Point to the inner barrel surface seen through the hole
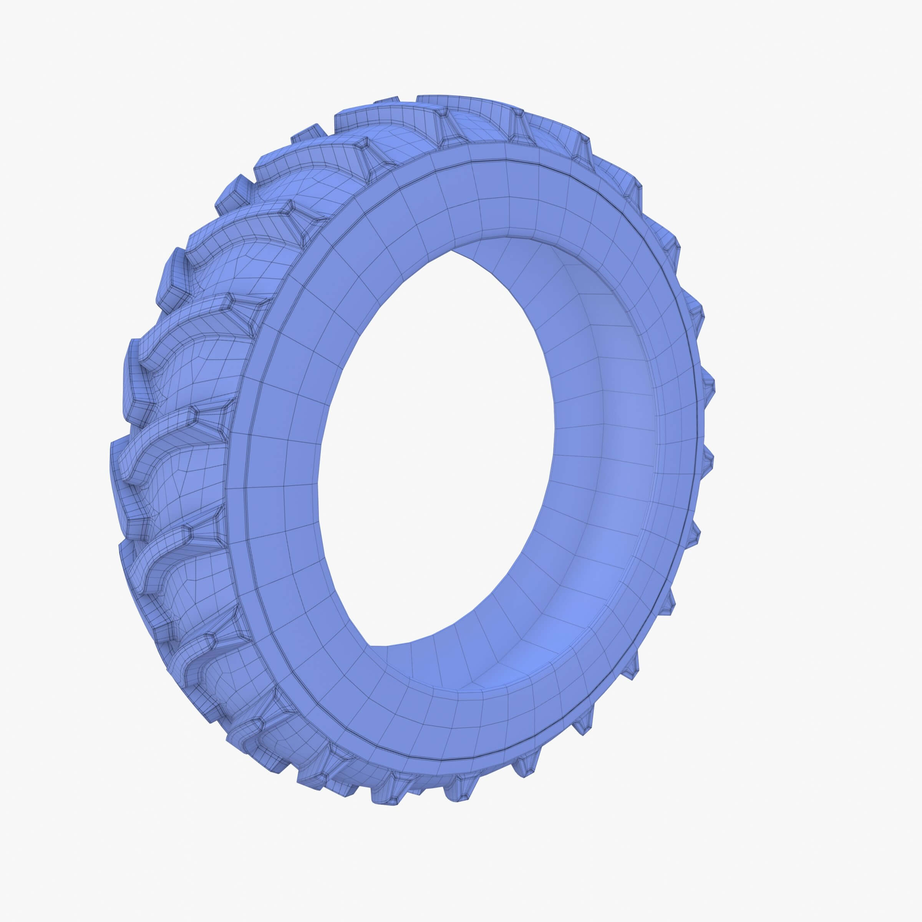[x=597, y=453]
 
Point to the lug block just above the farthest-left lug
[x=134, y=363]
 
